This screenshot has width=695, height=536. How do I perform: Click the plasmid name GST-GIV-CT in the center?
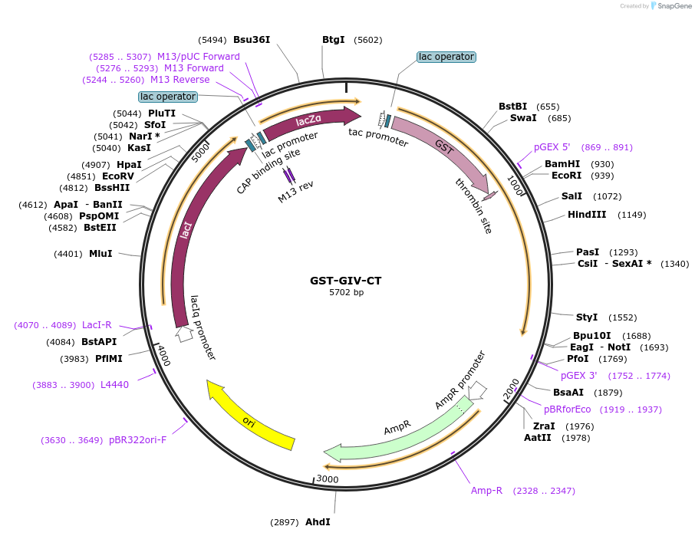(x=346, y=281)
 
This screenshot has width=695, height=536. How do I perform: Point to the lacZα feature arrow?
(x=311, y=120)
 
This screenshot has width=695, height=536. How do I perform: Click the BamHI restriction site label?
(x=562, y=164)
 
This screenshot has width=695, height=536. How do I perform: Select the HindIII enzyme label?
(x=587, y=215)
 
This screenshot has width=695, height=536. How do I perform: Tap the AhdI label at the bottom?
(x=318, y=522)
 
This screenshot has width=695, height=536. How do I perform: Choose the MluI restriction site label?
(x=100, y=254)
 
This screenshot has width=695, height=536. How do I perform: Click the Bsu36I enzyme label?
(x=252, y=40)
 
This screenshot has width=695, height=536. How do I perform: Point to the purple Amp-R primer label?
(x=486, y=491)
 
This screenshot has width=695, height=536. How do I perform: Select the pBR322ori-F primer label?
(x=137, y=440)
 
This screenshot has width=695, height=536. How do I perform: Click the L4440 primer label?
(x=114, y=385)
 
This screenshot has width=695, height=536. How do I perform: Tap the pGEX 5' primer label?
(x=552, y=147)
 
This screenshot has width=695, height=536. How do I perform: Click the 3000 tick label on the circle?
(x=328, y=479)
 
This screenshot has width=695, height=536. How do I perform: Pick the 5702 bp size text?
(x=346, y=293)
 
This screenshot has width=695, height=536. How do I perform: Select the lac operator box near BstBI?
(x=446, y=57)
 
